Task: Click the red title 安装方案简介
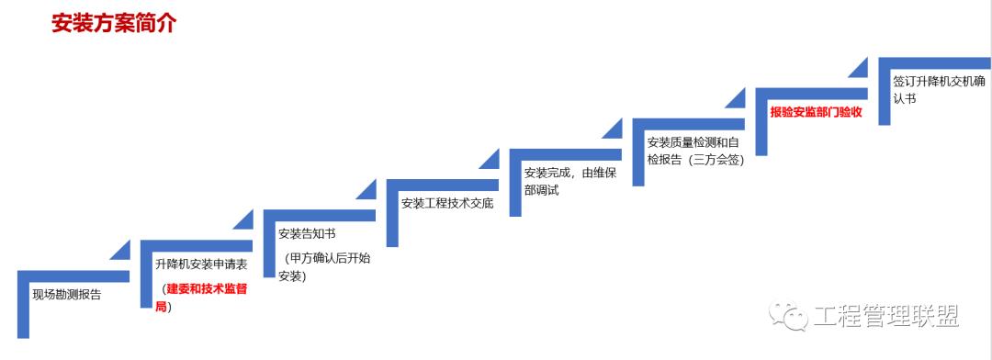(x=114, y=24)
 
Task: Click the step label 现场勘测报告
(x=66, y=295)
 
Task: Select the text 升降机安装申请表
(x=200, y=264)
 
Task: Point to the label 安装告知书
(x=307, y=233)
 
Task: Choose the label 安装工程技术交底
(x=447, y=203)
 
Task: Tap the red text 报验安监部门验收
(x=816, y=112)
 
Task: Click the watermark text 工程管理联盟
(x=886, y=317)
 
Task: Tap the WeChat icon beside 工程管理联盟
(x=790, y=316)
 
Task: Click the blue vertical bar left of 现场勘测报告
(x=23, y=304)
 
